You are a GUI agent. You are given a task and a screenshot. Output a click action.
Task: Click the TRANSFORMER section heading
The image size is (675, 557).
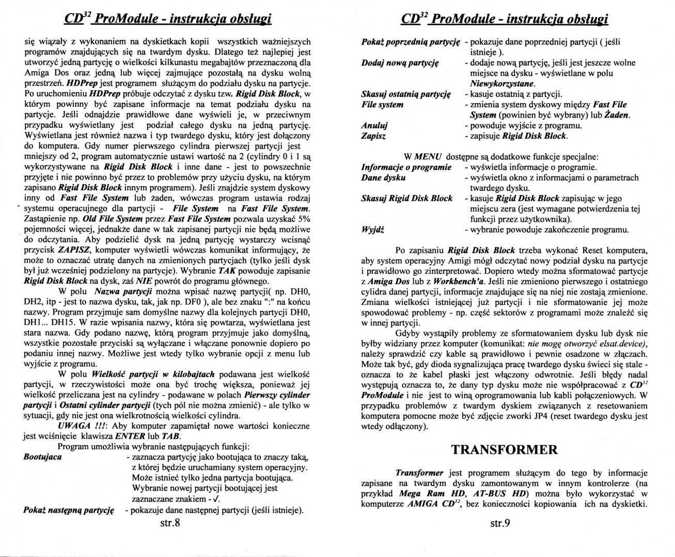(x=505, y=449)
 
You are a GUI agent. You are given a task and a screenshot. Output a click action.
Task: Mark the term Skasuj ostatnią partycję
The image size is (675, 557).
(x=406, y=94)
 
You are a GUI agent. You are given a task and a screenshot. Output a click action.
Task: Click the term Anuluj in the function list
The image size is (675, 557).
(x=374, y=126)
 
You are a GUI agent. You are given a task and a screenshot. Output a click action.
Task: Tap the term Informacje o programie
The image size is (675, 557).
(x=406, y=167)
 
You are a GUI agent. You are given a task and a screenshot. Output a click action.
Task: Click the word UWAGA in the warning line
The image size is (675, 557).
(x=76, y=426)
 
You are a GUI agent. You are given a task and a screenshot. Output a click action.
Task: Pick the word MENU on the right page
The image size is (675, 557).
(x=427, y=156)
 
